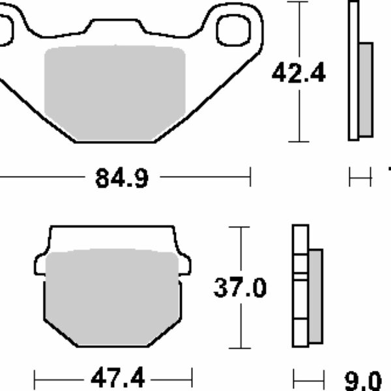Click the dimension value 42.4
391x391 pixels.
point(298,74)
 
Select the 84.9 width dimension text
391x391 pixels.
point(122,177)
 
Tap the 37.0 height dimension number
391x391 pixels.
point(240,287)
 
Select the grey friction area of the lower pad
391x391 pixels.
point(113,297)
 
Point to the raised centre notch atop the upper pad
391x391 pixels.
point(115,25)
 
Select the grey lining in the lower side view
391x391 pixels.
point(315,297)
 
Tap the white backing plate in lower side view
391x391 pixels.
point(300,287)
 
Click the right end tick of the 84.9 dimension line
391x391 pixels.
point(250,176)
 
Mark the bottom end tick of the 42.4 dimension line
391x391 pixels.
point(298,141)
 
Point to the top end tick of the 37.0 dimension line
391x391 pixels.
point(241,227)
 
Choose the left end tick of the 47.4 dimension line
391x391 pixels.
point(35,377)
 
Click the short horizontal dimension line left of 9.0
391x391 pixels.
point(309,378)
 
